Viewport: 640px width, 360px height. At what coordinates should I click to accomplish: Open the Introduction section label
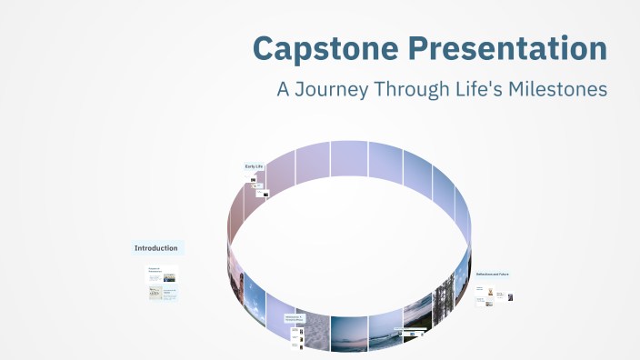pos(157,248)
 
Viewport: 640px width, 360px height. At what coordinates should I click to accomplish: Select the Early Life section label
pos(254,166)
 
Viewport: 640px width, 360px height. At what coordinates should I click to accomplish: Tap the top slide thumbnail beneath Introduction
pos(162,274)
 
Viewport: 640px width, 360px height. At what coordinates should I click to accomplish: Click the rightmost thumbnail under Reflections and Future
pos(510,296)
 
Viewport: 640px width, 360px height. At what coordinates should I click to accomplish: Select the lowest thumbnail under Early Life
pos(265,193)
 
